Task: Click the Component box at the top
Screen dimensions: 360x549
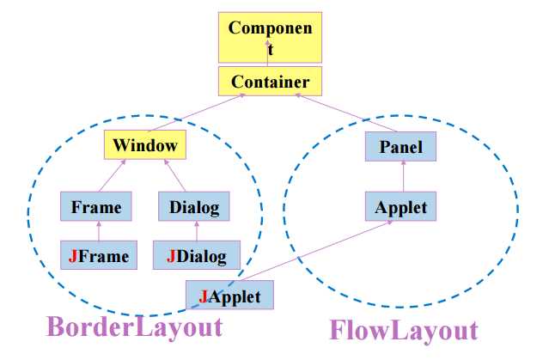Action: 269,38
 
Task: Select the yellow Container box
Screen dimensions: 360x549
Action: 270,82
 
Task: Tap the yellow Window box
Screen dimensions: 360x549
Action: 144,144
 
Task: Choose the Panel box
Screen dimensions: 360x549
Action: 400,147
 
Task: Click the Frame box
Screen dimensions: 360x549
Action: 96,207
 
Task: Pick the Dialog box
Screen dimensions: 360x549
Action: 194,207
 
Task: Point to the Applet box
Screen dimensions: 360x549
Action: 400,207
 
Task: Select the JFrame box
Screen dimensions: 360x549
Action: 98,255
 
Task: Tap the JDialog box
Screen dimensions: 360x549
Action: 197,255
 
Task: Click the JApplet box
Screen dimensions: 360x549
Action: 229,296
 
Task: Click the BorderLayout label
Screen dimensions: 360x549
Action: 134,327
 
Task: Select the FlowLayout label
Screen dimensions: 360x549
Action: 404,331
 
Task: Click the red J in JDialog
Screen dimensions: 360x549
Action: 172,255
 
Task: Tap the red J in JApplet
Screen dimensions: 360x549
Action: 204,296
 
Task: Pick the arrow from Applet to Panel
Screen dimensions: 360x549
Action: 400,177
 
